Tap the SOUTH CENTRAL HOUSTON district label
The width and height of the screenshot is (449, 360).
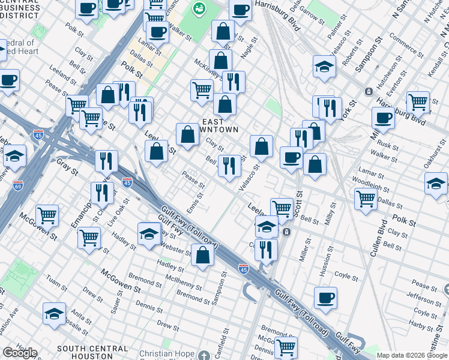coord(92,349)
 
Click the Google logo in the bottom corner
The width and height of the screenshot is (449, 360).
coord(20,353)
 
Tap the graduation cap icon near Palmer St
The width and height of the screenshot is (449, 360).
coord(324,67)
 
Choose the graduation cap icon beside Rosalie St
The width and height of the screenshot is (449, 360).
coord(54,314)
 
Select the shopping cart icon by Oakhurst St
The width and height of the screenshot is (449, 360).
coord(418,102)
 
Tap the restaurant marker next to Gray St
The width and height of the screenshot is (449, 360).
coord(106,161)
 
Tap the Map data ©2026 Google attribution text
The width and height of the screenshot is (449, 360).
coord(411,355)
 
